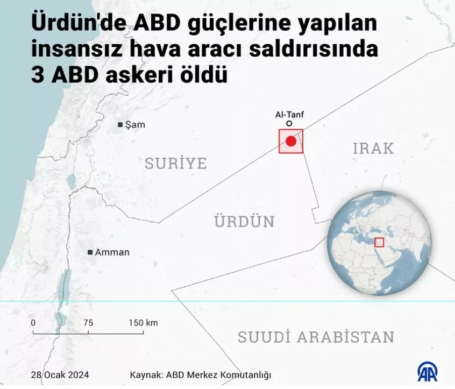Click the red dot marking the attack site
[291, 142]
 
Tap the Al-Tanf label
[289, 115]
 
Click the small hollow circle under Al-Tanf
[289, 124]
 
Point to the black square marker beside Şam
[120, 125]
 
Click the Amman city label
[112, 252]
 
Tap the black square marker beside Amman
[90, 252]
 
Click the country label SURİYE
[176, 163]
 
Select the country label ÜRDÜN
[245, 221]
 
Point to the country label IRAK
[373, 148]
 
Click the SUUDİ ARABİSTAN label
[316, 337]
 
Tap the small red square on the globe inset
[379, 243]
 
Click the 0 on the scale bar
[33, 323]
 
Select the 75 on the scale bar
[88, 323]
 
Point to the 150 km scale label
[143, 323]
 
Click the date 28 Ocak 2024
[60, 374]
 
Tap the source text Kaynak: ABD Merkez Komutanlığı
[201, 374]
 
